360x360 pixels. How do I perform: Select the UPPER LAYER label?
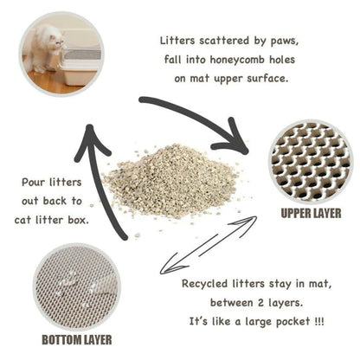point(311,212)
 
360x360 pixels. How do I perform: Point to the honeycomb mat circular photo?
point(310,159)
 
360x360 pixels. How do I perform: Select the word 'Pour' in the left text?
point(35,183)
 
